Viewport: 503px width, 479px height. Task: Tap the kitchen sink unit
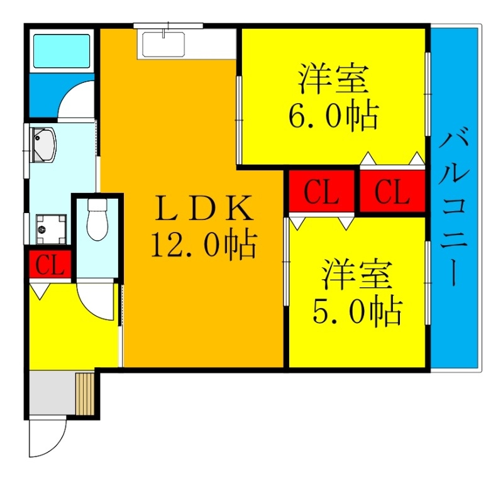pyautogui.click(x=163, y=45)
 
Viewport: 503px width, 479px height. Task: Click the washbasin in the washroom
pyautogui.click(x=44, y=144)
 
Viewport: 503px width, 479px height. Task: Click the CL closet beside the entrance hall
pyautogui.click(x=50, y=265)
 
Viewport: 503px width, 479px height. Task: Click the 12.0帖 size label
pyautogui.click(x=203, y=245)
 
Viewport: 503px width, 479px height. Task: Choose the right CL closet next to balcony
pyautogui.click(x=392, y=192)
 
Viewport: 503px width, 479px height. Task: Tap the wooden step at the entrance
pyautogui.click(x=84, y=393)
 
